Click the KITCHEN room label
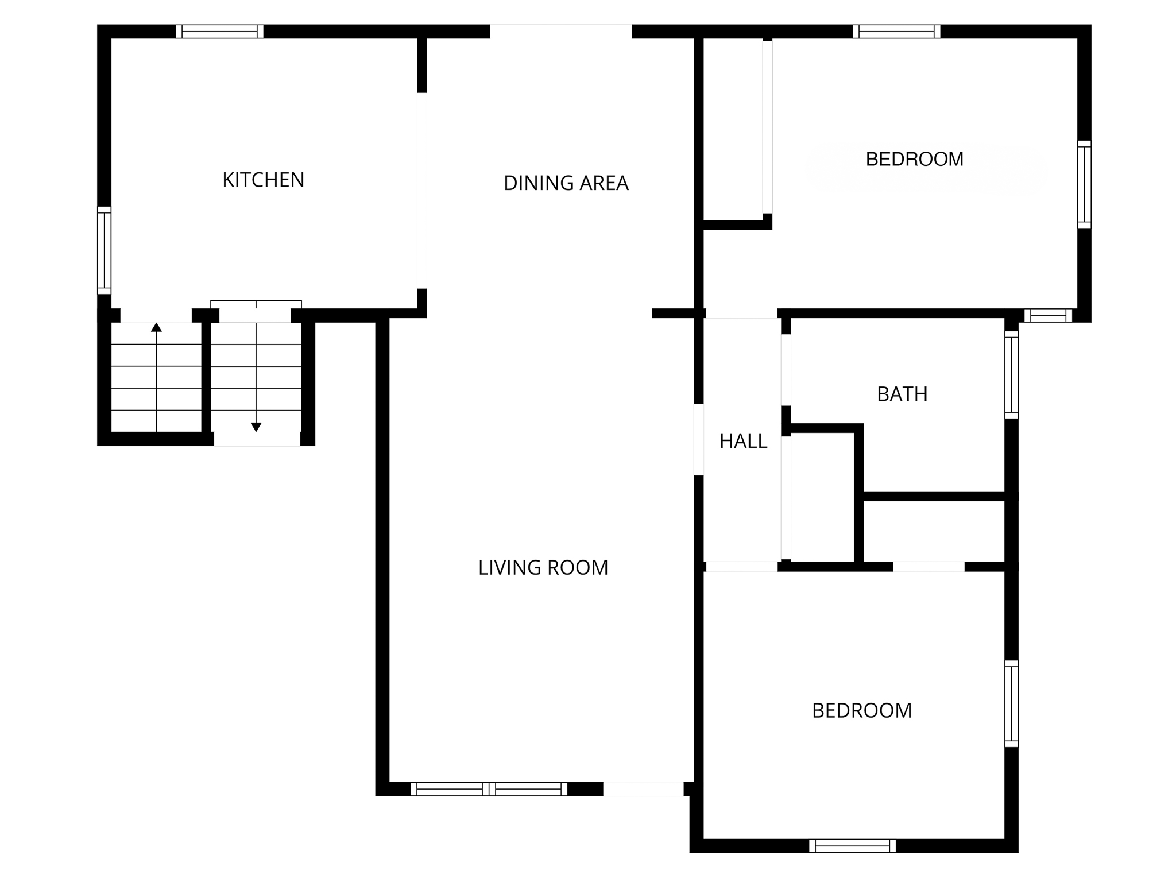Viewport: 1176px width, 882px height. pos(263,180)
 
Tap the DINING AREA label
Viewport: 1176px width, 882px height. pos(566,183)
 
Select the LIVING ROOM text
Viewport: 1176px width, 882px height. pos(543,568)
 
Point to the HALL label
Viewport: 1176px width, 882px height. pos(743,441)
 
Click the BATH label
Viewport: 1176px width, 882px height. pos(902,394)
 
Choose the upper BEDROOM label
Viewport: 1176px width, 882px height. pos(914,159)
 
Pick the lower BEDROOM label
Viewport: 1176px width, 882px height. pos(861,711)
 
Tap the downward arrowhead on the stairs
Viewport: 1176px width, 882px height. pos(256,427)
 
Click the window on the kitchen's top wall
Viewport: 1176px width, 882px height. pos(219,32)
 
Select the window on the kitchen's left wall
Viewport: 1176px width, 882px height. pos(104,250)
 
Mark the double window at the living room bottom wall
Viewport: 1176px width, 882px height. pos(489,789)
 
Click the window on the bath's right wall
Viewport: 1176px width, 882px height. pos(1011,374)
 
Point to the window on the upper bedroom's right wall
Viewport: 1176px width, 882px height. pos(1084,184)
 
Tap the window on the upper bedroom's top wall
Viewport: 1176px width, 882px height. pos(896,32)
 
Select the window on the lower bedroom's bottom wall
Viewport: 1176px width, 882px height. pos(852,846)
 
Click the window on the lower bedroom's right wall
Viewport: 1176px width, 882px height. pos(1011,703)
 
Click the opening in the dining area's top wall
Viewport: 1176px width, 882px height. pos(560,32)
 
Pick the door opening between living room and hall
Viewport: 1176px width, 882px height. pos(699,440)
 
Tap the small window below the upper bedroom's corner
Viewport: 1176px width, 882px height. pos(1048,315)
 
